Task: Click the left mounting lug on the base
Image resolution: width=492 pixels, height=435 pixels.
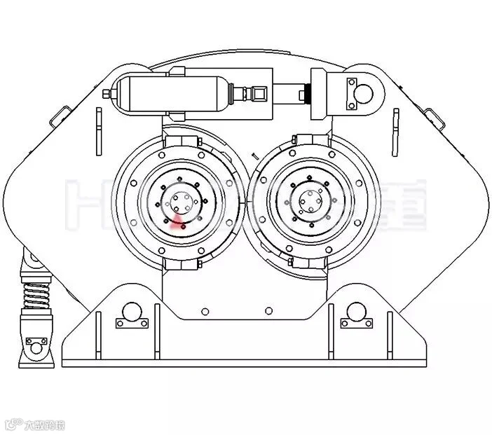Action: tap(131, 315)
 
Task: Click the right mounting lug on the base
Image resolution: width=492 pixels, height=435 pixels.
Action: tap(355, 315)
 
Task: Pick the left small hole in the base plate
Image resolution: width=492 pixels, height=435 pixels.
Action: tap(204, 311)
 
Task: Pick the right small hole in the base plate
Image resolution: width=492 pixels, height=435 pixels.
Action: tap(269, 311)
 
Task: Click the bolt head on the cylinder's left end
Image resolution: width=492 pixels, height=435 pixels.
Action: tap(106, 93)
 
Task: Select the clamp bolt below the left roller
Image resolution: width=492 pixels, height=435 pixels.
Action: tap(198, 264)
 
